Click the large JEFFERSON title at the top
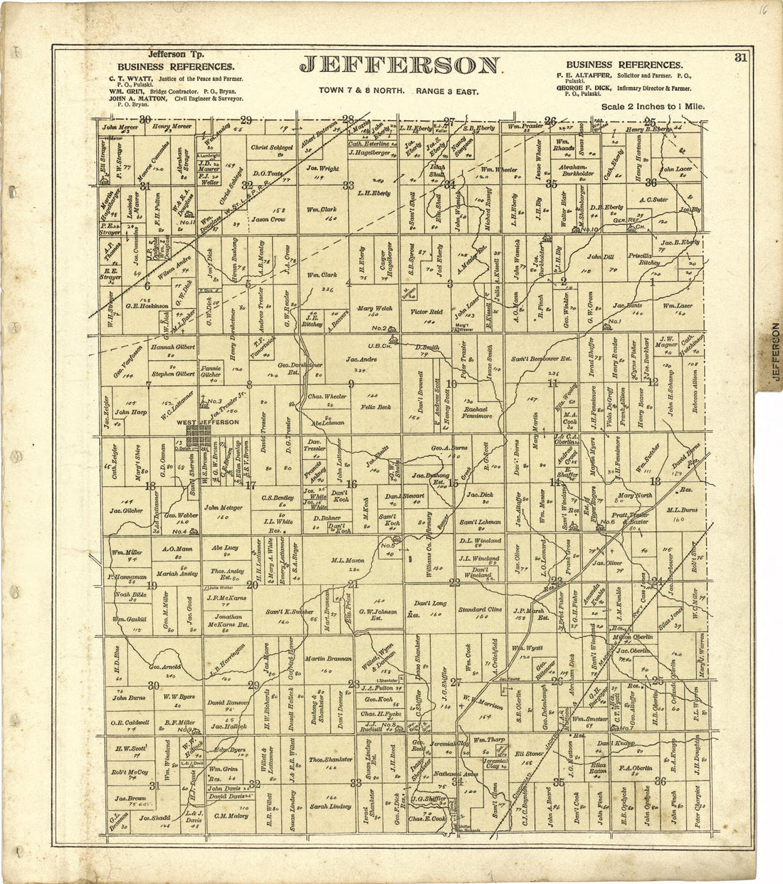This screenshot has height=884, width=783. click(x=399, y=65)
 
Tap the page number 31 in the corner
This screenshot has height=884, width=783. click(x=741, y=59)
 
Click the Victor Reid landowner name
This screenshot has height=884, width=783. click(x=427, y=312)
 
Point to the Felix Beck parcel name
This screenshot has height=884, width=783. click(x=376, y=406)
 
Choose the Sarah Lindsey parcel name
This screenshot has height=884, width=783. click(x=330, y=807)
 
